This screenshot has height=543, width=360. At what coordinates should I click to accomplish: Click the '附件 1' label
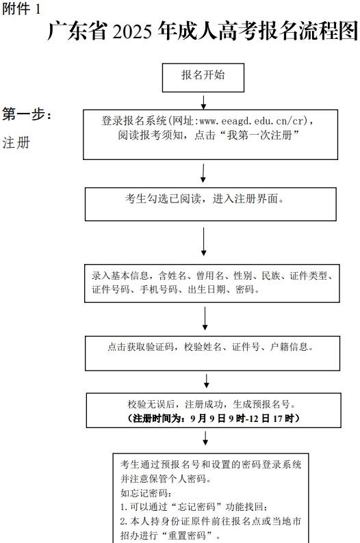coord(21,9)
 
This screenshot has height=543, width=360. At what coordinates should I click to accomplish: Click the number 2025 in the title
coord(132,31)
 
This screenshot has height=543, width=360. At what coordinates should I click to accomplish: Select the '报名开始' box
coord(203,77)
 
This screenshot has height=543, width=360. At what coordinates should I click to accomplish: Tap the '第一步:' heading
coord(27,114)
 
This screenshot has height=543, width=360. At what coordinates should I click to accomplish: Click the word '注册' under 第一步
coord(16,143)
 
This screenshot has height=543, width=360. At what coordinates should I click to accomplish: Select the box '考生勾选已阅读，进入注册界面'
coord(211,204)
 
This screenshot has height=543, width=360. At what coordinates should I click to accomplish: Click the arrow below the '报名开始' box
coord(203,102)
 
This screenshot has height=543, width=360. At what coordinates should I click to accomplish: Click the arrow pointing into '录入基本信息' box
coord(204,241)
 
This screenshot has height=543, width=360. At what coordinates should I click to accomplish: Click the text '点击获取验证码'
coord(140,347)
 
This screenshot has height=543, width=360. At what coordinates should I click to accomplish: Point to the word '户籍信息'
coord(289,347)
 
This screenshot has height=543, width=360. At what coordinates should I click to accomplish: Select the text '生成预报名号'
coord(261,404)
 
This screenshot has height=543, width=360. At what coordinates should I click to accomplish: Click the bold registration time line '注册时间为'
coord(213,419)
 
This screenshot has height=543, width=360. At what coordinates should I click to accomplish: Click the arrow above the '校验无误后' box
coord(207,381)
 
